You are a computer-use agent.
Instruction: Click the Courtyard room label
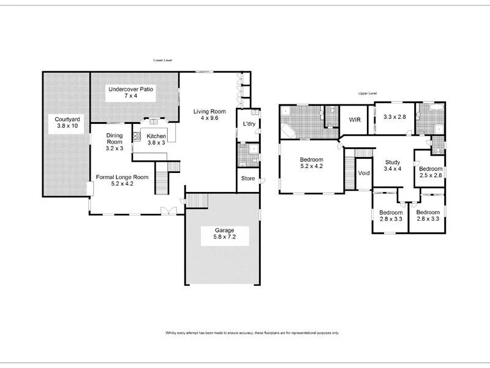coord(65,120)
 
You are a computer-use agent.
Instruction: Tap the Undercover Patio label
coord(130,89)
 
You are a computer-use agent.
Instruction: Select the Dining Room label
coord(115,136)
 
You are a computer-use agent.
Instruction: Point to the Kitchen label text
coord(156,136)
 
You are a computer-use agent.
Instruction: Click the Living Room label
coord(209,112)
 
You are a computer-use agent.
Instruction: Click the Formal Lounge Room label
coord(122,177)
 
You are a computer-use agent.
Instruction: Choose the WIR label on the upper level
coord(355,120)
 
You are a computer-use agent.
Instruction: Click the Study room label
coord(391,162)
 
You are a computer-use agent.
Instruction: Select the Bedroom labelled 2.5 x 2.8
coord(430,169)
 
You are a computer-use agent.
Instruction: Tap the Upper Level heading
coord(367,93)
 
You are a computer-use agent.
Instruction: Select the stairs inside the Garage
coord(197,201)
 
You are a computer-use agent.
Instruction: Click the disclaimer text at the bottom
coord(252,333)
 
